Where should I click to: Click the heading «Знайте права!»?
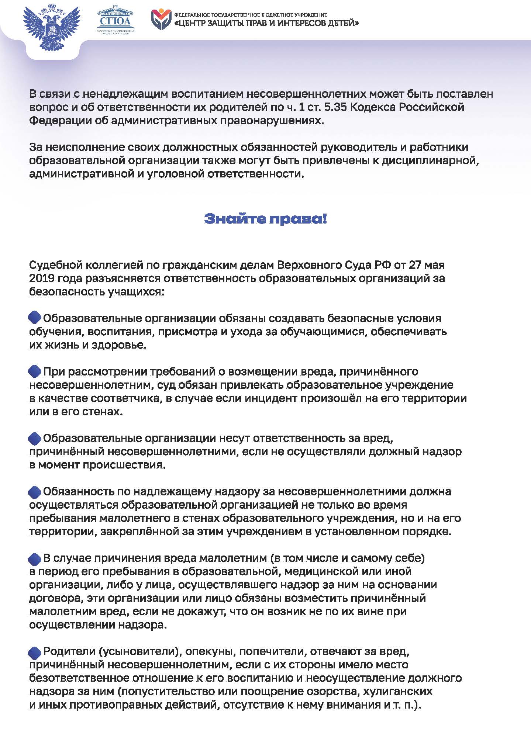click(265, 219)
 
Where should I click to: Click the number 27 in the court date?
click(415, 265)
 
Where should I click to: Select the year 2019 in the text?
click(41, 278)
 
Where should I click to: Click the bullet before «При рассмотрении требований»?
click(35, 371)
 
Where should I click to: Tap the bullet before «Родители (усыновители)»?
click(35, 652)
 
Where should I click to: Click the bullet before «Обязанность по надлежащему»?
click(35, 492)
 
